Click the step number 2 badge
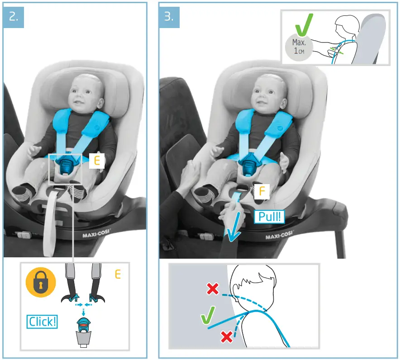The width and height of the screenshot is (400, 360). click(14, 16)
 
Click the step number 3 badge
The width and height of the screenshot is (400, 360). click(169, 16)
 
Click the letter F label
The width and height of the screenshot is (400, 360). click(261, 191)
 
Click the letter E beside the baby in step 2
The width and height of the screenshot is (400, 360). click(97, 160)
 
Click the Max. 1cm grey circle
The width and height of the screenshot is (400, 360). click(299, 47)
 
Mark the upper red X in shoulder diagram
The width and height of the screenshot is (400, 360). click(212, 289)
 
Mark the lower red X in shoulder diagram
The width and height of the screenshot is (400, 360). click(227, 336)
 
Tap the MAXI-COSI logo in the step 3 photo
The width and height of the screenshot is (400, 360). click(277, 237)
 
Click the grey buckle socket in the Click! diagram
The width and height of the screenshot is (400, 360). click(84, 337)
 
